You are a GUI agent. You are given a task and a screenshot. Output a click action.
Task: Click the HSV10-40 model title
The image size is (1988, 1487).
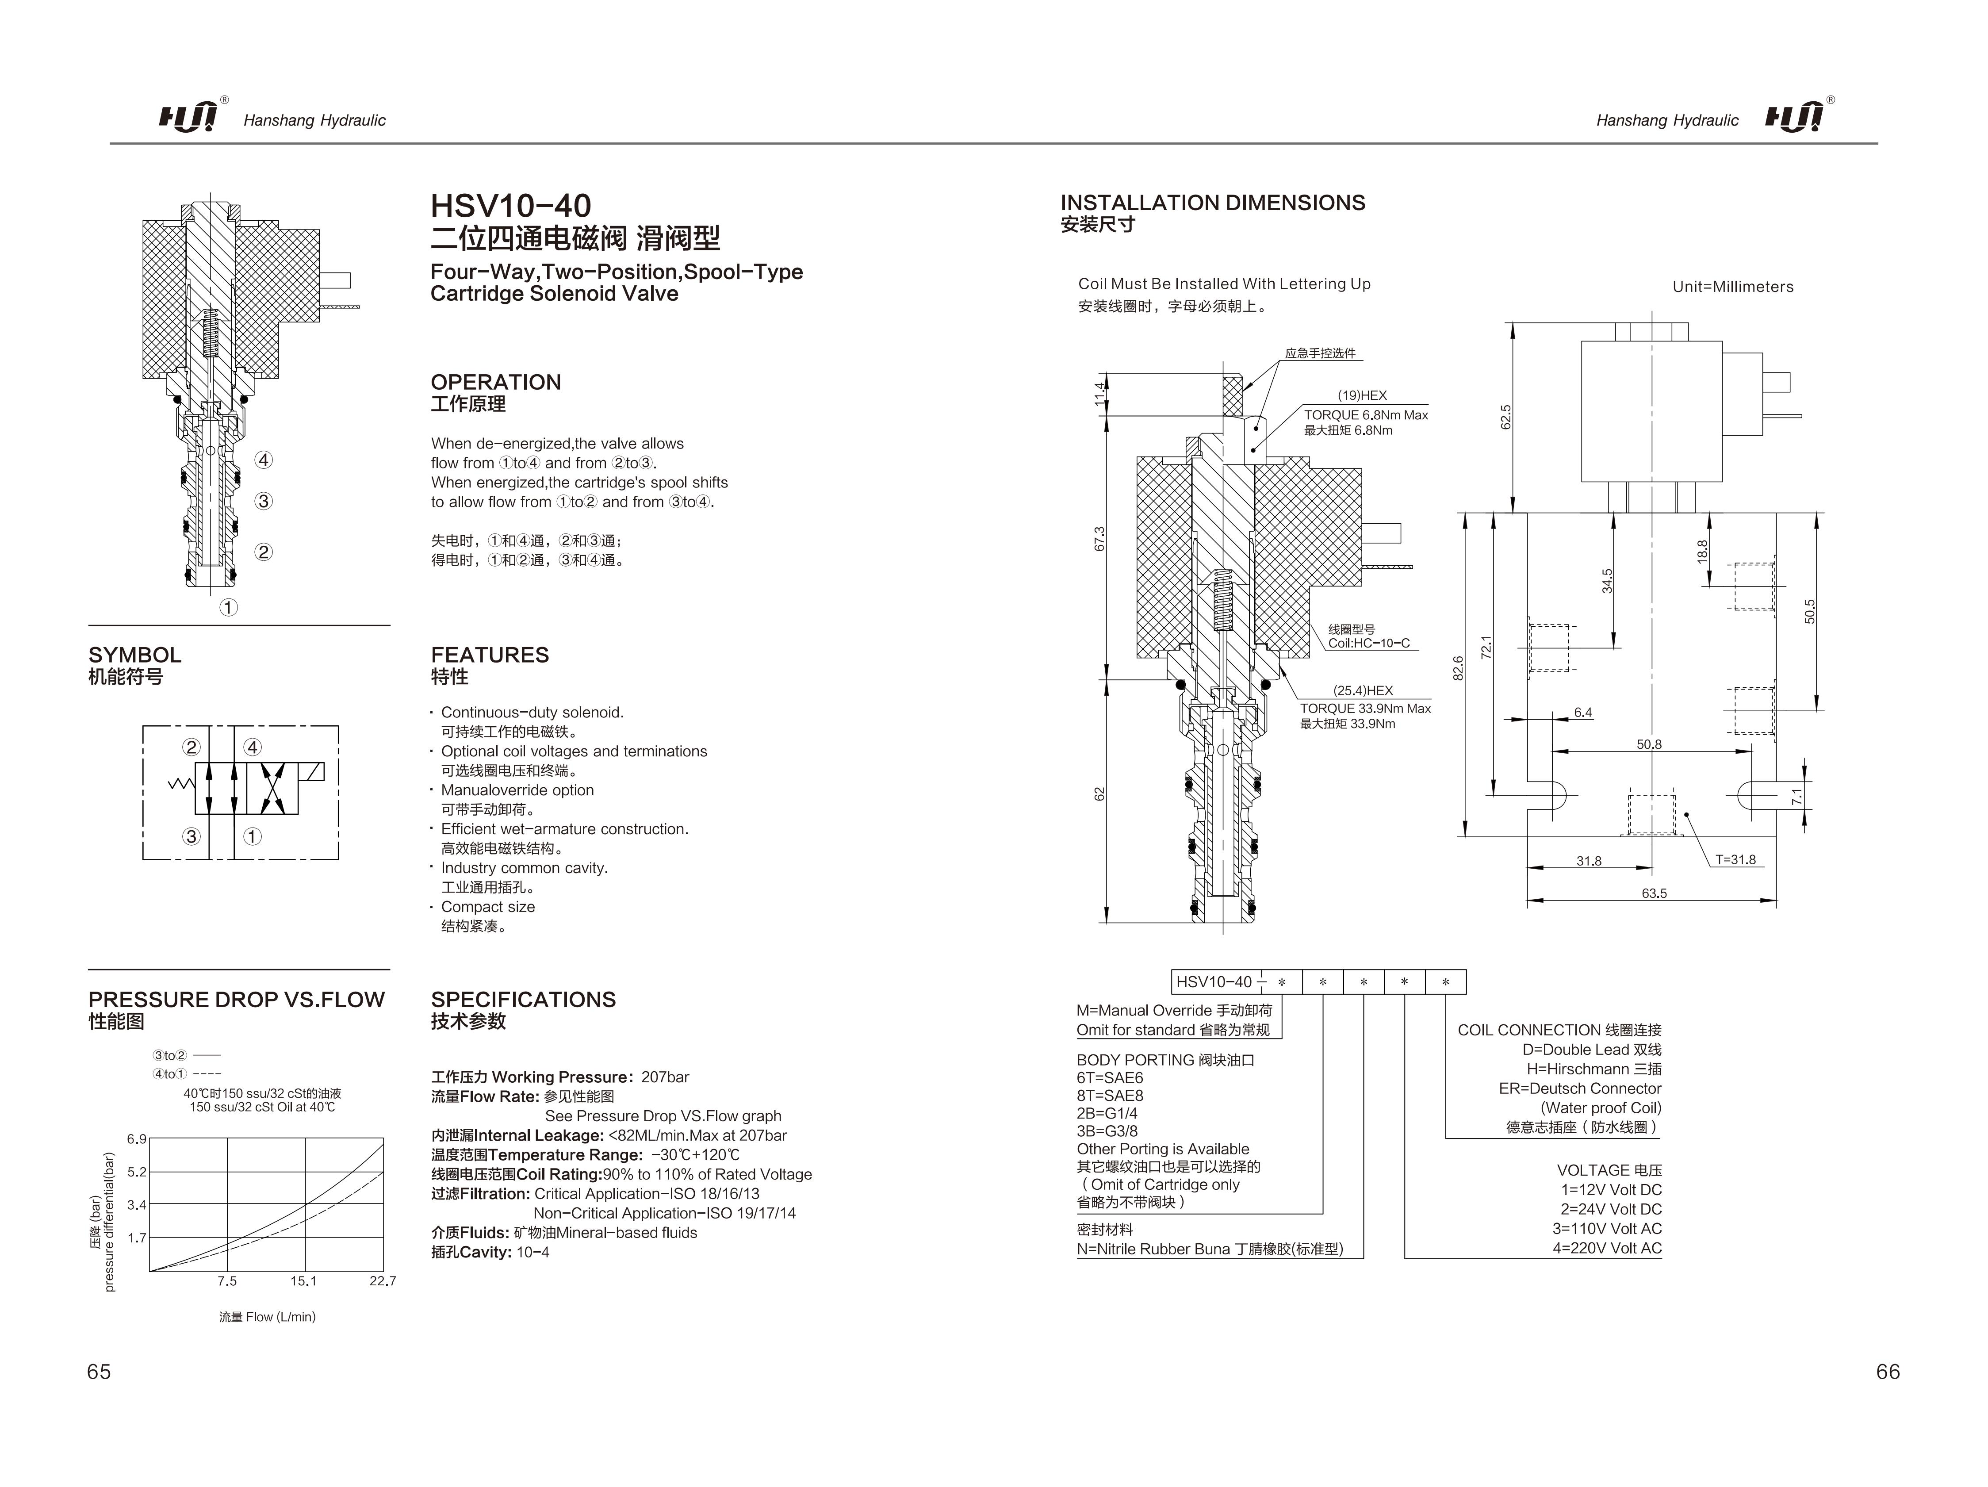click(510, 206)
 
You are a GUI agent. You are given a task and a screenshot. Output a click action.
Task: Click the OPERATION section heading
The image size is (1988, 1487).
click(495, 382)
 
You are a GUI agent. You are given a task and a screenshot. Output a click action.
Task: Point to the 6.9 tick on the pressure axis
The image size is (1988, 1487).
click(137, 1139)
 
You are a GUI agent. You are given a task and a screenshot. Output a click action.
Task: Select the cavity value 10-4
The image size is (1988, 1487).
click(533, 1252)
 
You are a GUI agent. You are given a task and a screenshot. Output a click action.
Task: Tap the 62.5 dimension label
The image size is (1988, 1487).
click(1506, 417)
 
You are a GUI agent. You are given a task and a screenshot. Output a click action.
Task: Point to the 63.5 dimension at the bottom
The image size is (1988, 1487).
click(1654, 893)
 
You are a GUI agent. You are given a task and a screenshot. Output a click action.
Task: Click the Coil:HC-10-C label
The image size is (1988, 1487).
click(1369, 644)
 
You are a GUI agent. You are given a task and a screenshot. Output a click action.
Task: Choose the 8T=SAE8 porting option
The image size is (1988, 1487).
click(1110, 1096)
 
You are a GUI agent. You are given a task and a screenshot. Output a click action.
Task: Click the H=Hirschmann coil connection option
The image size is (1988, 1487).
click(1593, 1069)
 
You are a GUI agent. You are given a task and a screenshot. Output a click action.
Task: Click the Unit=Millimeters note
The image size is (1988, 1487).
click(1732, 287)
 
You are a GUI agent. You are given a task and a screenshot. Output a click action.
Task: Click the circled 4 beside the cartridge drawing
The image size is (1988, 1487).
click(263, 460)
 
